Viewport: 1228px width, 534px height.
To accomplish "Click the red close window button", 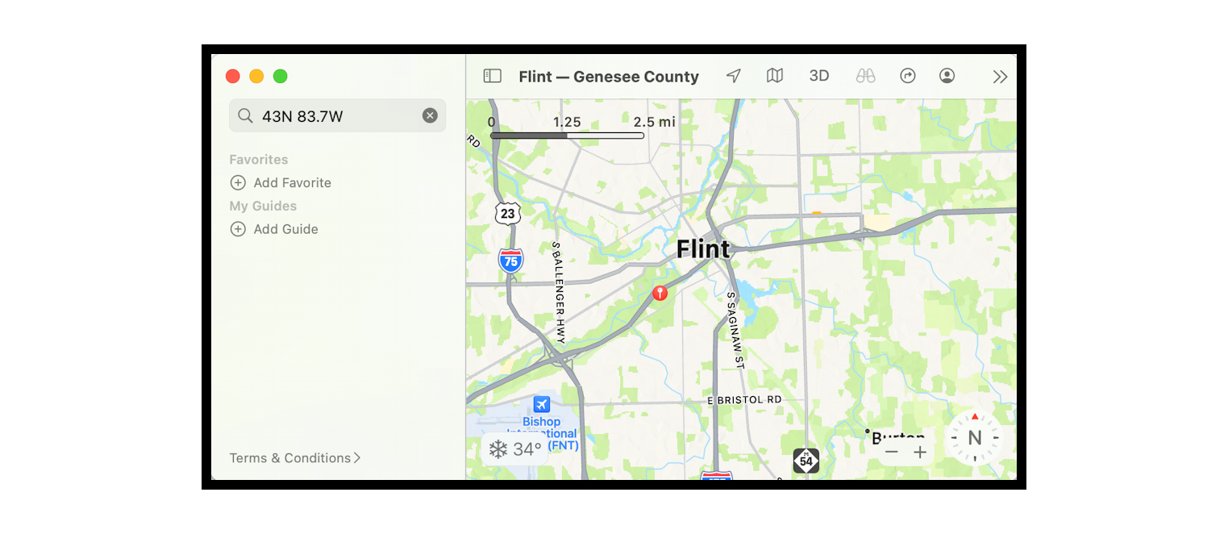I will point(233,77).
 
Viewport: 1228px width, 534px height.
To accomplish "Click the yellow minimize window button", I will point(256,77).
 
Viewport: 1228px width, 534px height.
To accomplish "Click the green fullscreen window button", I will point(280,77).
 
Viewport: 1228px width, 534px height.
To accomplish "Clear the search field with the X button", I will point(430,116).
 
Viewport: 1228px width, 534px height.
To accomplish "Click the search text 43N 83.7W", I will point(302,116).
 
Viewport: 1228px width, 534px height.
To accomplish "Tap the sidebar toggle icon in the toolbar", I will point(492,77).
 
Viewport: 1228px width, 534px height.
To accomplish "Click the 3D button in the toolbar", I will point(818,77).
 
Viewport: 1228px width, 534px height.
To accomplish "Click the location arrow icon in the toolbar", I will point(733,77).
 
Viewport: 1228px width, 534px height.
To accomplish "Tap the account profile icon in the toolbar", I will point(947,77).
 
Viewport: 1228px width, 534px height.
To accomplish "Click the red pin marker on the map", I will point(660,293).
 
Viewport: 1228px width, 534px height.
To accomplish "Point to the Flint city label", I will point(703,249).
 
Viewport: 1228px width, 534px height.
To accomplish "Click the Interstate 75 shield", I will point(510,261).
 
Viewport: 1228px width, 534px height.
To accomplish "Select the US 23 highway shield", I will point(507,213).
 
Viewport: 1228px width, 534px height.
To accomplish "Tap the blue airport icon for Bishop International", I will point(542,404).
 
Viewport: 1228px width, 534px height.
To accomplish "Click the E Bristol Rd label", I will point(744,400).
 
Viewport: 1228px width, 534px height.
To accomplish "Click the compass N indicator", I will point(974,438).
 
